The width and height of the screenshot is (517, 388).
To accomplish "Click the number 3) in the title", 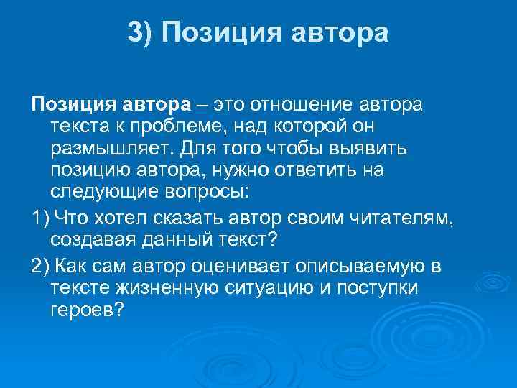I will point(141,32).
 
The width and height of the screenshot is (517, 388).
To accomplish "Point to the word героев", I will point(89,310).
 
